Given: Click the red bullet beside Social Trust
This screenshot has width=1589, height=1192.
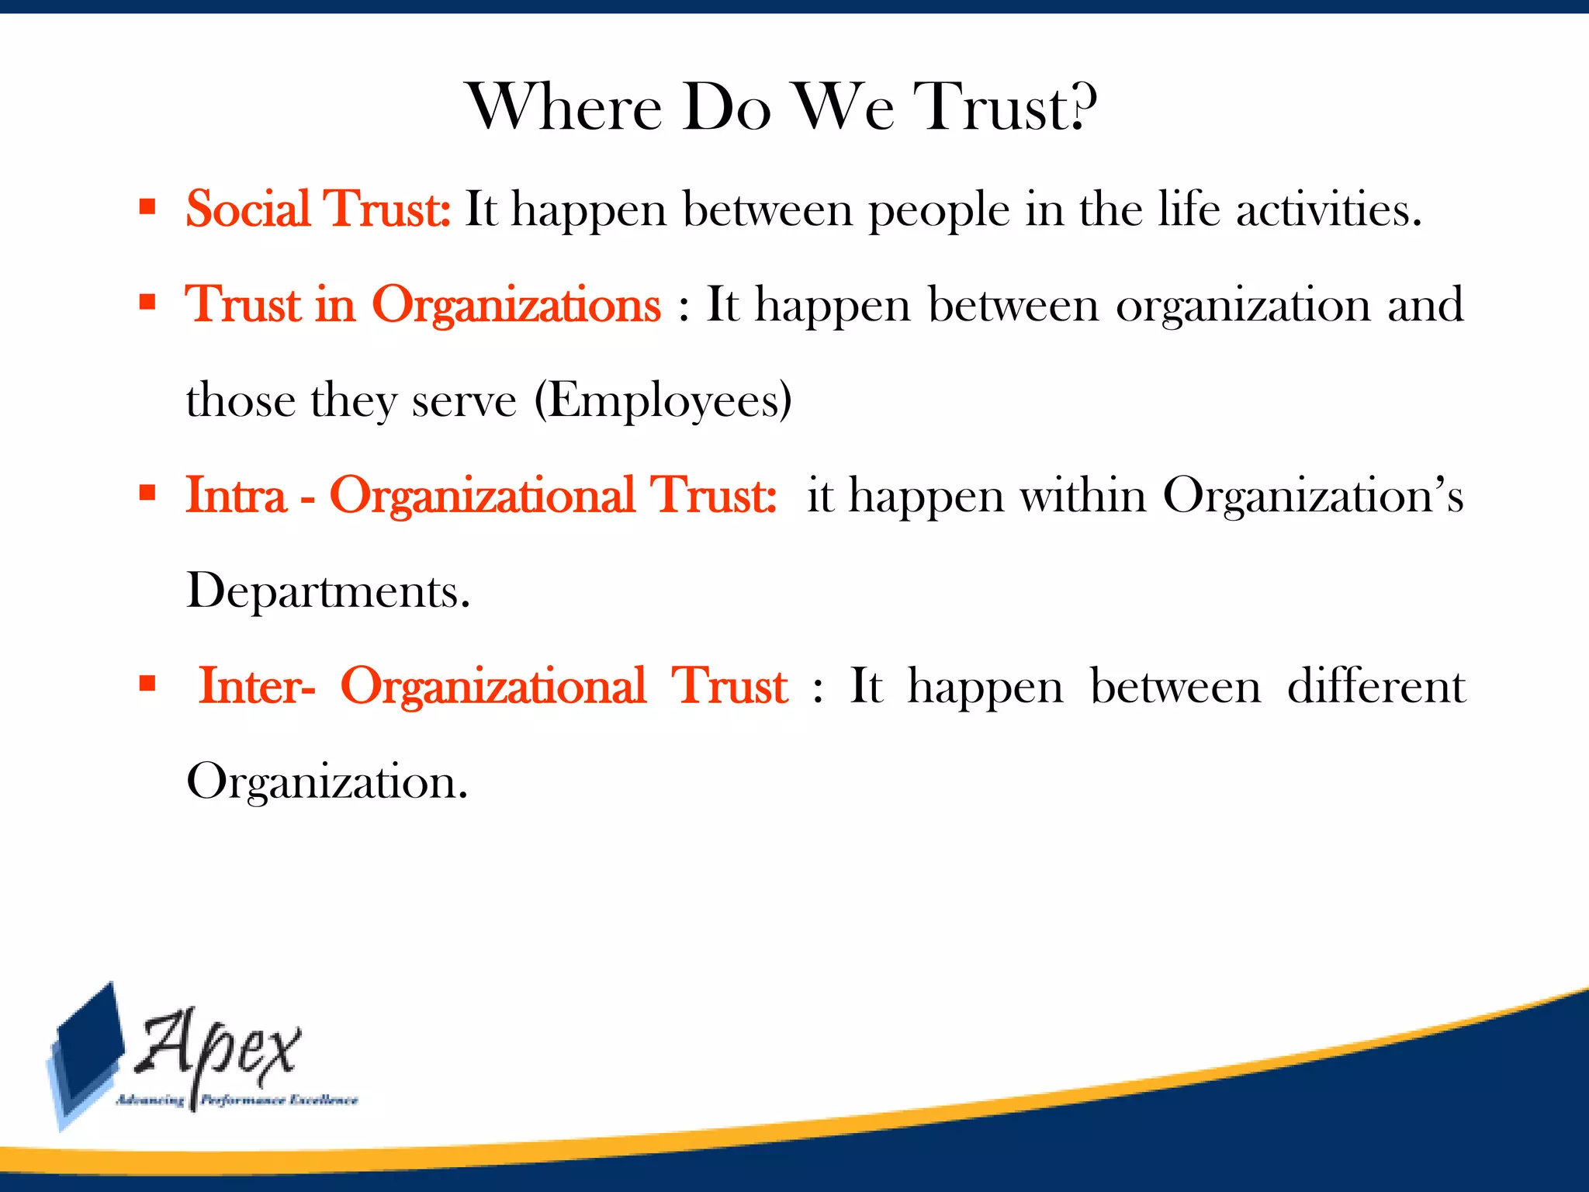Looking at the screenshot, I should coord(147,206).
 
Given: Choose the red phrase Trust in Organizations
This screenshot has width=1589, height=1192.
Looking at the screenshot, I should coord(423,304).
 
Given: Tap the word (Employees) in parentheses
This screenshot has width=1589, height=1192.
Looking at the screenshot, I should coord(663,400).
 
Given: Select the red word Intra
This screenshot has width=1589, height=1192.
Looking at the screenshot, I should coord(236,495).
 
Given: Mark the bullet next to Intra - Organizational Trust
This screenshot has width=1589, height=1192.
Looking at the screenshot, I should coord(147,493).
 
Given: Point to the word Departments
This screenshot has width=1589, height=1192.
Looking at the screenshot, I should coord(328,591).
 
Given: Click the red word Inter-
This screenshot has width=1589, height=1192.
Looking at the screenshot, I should coord(257,686).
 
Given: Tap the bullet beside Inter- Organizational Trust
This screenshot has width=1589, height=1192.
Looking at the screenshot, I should coord(147,684).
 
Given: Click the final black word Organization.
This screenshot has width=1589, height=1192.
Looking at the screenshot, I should coord(327,781).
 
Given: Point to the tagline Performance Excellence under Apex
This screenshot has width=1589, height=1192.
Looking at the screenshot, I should coord(279,1100).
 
